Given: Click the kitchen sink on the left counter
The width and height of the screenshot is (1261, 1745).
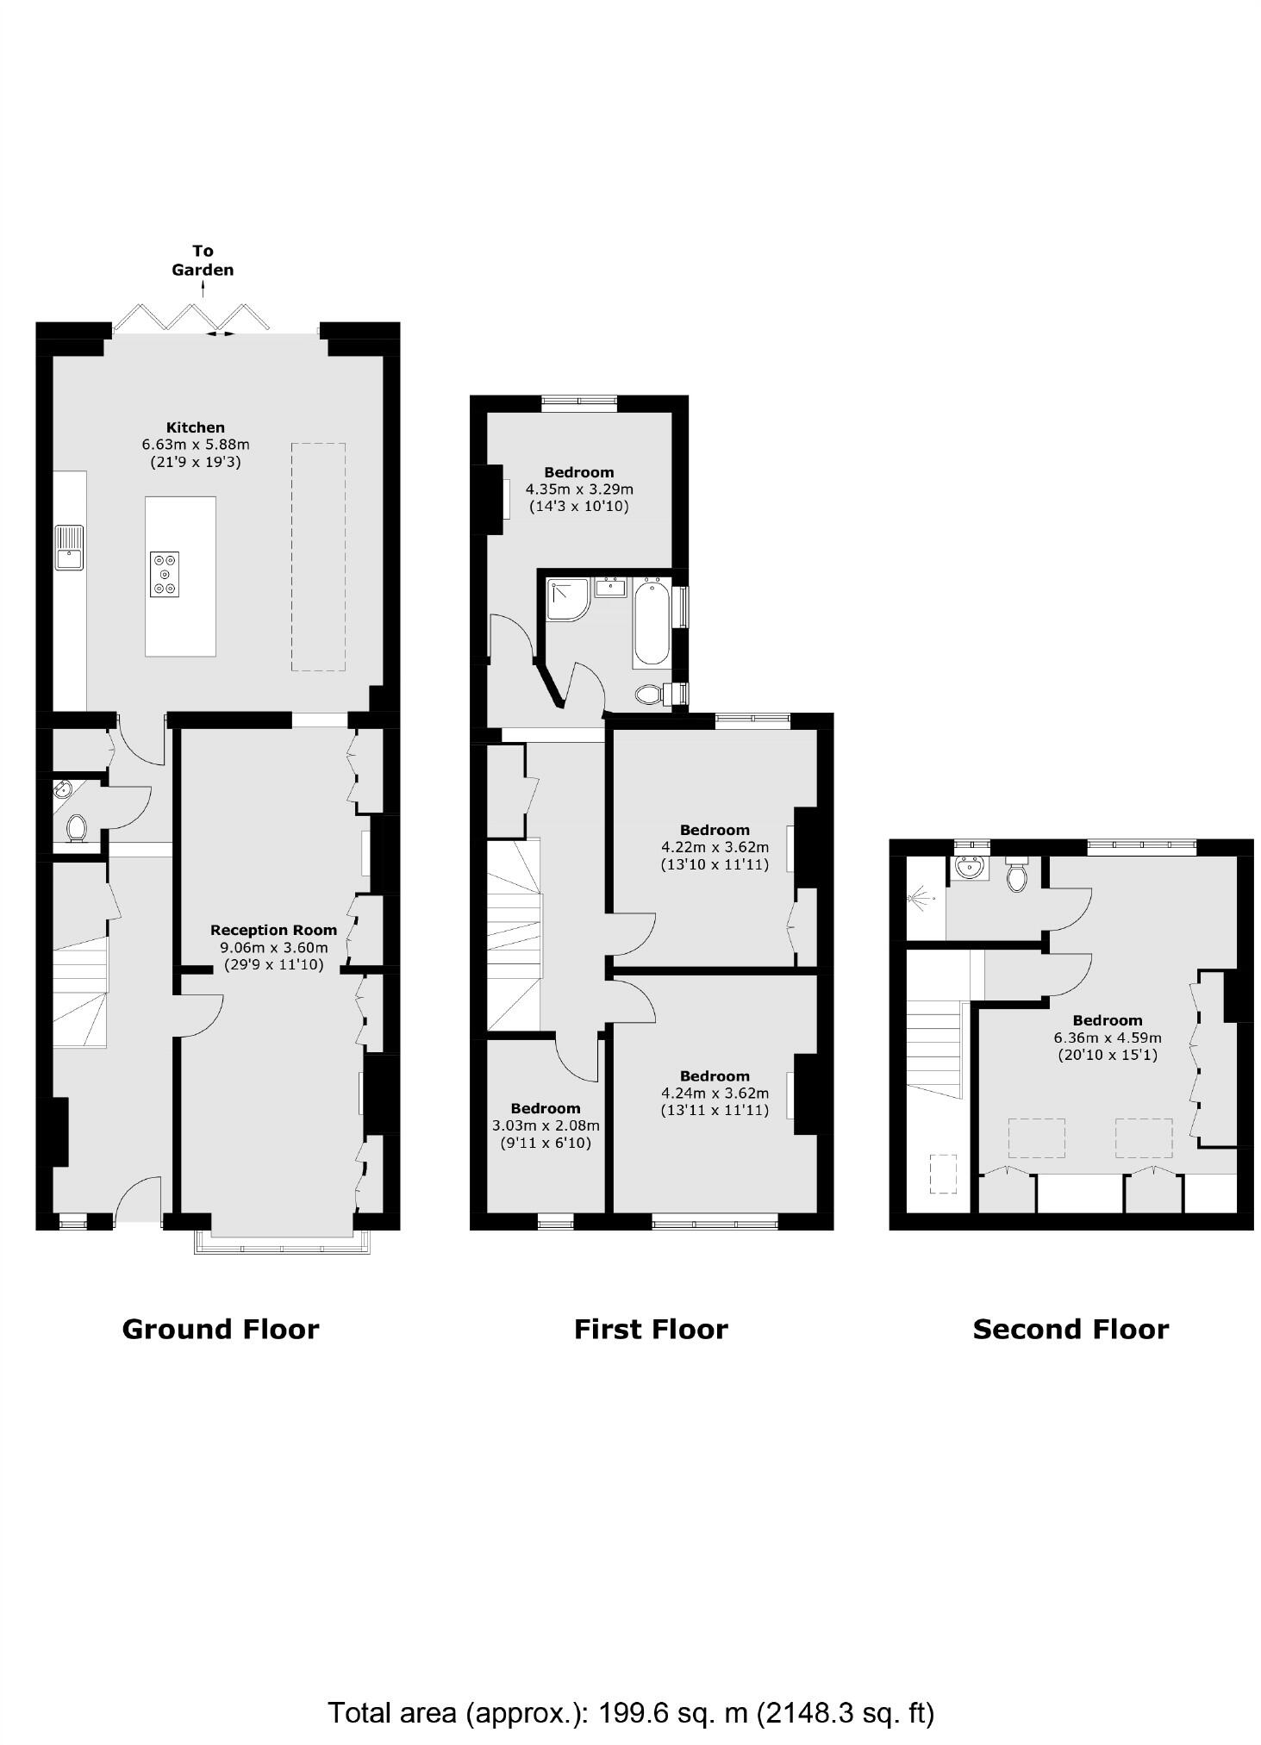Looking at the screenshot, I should (69, 547).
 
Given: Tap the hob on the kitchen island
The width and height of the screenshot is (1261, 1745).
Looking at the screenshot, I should (165, 574).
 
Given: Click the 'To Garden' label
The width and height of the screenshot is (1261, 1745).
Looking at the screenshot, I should (203, 260).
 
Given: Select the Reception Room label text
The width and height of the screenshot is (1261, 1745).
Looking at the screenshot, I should (273, 930).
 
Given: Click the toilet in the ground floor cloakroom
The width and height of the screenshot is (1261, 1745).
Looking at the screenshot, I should (77, 828).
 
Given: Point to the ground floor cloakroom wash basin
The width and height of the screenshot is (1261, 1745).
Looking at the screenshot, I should (62, 789).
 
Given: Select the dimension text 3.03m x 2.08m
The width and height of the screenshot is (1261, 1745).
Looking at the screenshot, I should (546, 1125).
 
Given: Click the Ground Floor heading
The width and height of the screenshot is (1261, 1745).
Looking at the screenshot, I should (221, 1329).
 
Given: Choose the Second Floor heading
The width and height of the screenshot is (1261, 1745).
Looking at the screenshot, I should (1071, 1329).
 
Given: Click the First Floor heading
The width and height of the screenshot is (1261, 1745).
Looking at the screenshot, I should (651, 1329).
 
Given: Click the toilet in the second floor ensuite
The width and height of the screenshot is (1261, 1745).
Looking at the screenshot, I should (1018, 876).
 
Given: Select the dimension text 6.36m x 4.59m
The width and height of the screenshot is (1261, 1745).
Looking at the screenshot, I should (1108, 1038).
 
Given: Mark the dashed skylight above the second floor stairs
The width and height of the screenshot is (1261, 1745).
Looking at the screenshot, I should (943, 1174).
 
